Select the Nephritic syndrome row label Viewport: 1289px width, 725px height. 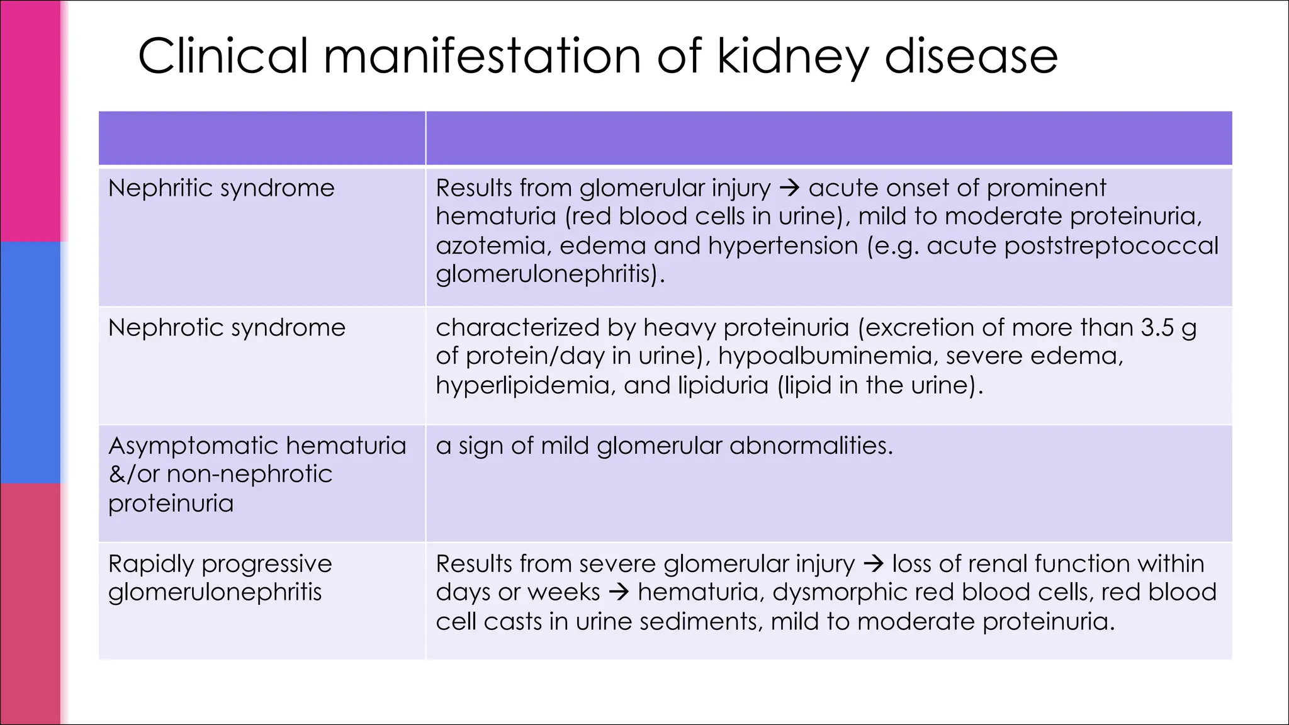click(x=221, y=188)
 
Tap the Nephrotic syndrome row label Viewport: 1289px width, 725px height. click(x=227, y=328)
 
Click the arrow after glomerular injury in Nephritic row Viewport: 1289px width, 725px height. click(x=789, y=188)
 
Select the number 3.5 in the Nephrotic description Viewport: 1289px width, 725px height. click(x=1157, y=328)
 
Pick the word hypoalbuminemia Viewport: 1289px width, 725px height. click(x=824, y=356)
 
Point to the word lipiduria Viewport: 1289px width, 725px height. click(x=723, y=385)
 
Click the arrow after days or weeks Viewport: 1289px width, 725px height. click(x=619, y=592)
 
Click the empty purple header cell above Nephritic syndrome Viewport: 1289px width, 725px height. click(x=262, y=138)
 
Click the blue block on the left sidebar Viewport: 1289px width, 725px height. click(x=30, y=362)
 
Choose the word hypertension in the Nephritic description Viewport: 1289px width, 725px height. click(x=782, y=245)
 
